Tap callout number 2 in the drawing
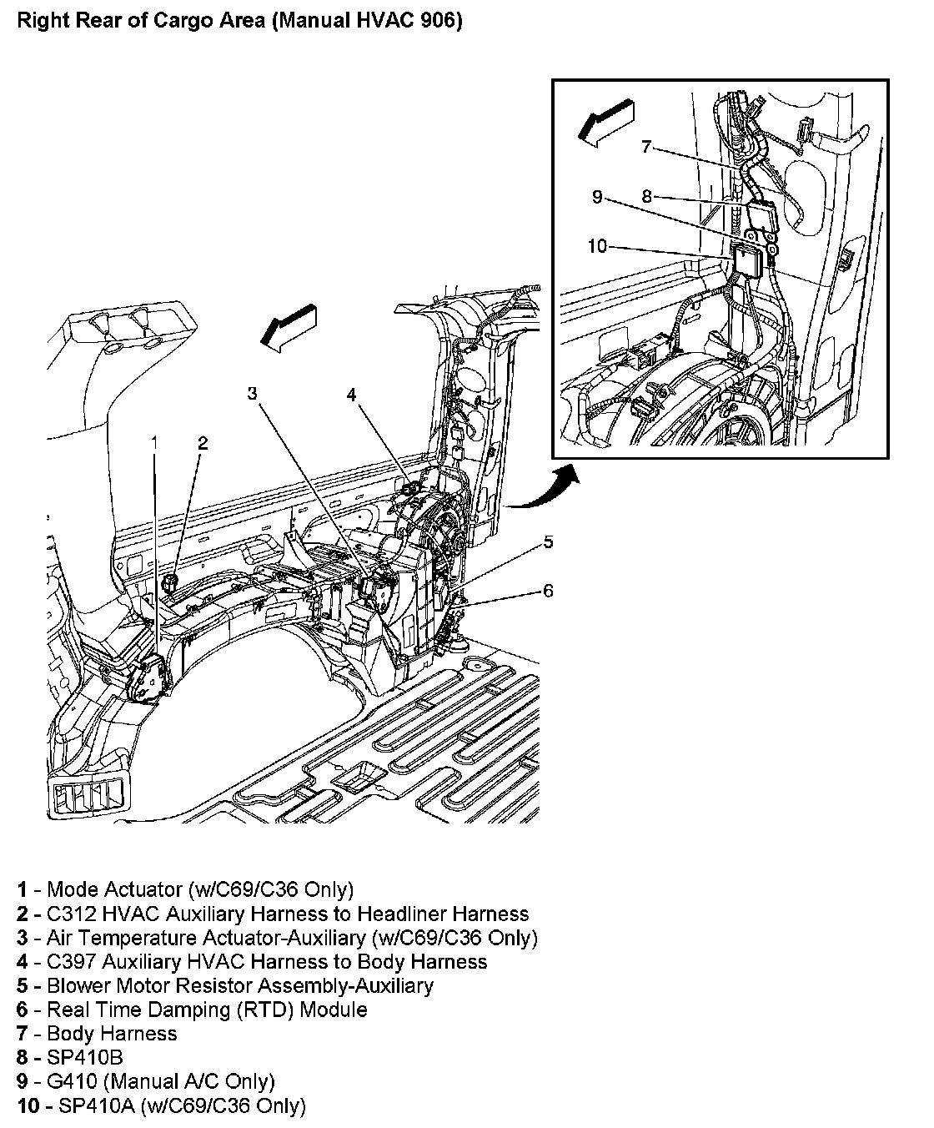(x=203, y=443)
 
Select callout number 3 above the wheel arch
(x=252, y=394)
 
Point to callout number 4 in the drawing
(x=352, y=395)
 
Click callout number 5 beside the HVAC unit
(x=548, y=542)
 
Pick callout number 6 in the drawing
(x=548, y=591)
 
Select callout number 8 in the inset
(x=647, y=198)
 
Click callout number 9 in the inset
(x=597, y=197)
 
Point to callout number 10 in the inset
(x=597, y=247)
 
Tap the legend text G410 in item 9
(x=75, y=1082)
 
